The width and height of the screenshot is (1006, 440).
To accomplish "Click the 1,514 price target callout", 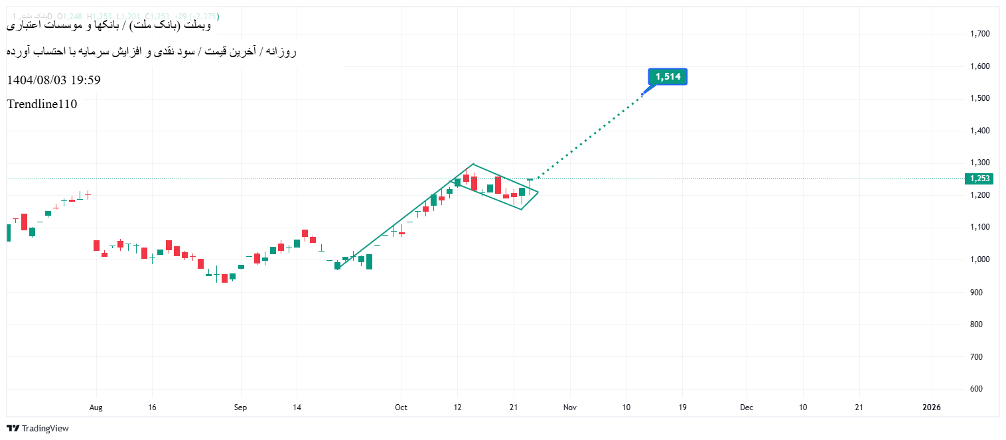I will pyautogui.click(x=668, y=77).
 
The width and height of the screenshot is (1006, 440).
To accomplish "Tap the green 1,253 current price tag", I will pyautogui.click(x=979, y=179).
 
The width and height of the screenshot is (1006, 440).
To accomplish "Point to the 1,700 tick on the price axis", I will pyautogui.click(x=979, y=34).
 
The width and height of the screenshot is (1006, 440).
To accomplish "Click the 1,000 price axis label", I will pyautogui.click(x=979, y=259).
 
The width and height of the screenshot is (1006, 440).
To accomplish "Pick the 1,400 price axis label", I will pyautogui.click(x=979, y=131).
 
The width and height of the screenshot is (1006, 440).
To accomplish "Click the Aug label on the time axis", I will pyautogui.click(x=96, y=407).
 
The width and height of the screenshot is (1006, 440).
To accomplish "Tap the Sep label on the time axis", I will pyautogui.click(x=240, y=407).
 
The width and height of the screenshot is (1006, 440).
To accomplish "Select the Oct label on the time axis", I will pyautogui.click(x=400, y=407).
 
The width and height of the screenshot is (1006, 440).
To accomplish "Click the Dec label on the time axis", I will pyautogui.click(x=747, y=407).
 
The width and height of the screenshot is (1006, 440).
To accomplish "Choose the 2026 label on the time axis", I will pyautogui.click(x=932, y=407).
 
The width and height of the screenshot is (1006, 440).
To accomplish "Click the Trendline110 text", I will pyautogui.click(x=42, y=104).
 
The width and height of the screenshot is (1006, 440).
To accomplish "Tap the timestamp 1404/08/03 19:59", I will pyautogui.click(x=54, y=80).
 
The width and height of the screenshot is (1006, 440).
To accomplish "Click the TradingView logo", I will pyautogui.click(x=38, y=429).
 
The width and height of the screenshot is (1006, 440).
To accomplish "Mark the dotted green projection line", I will pyautogui.click(x=591, y=137).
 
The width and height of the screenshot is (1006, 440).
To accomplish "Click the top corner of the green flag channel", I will pyautogui.click(x=472, y=164).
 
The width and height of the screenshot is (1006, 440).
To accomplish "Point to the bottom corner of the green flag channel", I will pyautogui.click(x=521, y=210).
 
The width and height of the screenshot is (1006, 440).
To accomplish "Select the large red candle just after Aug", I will pyautogui.click(x=96, y=246).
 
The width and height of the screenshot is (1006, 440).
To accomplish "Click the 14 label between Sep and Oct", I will pyautogui.click(x=297, y=407).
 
